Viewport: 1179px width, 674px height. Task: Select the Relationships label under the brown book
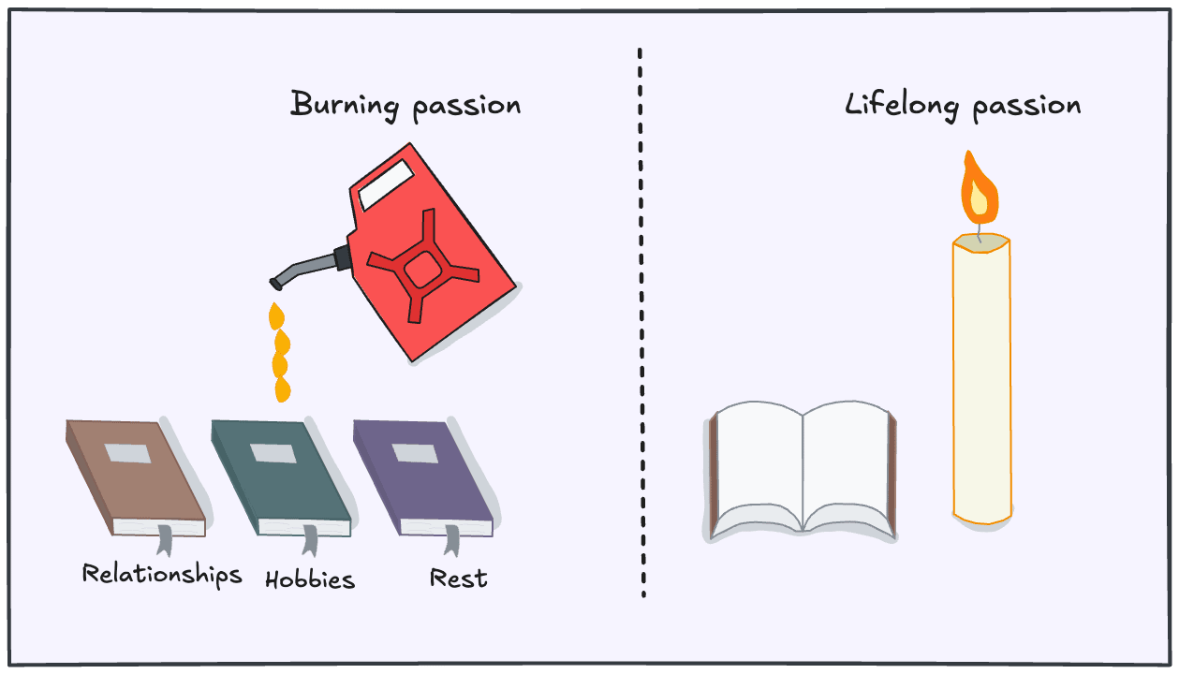[x=161, y=574]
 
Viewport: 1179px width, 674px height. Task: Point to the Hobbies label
[x=310, y=579]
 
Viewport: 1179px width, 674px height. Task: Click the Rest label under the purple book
[x=458, y=578]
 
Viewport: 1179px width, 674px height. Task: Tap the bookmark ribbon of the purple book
[x=453, y=542]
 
